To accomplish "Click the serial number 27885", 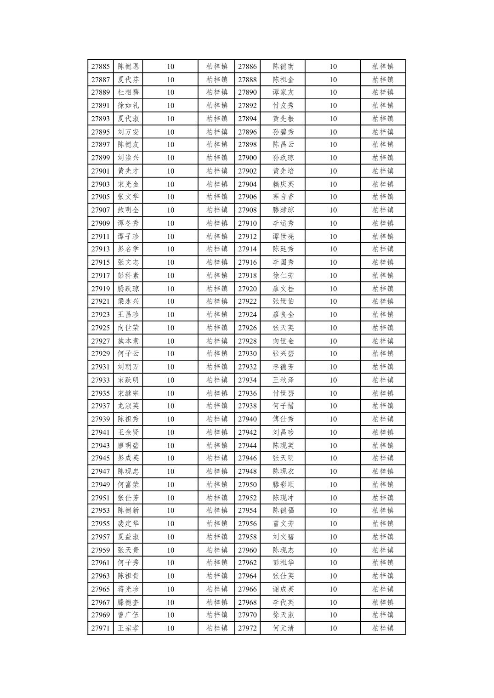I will pos(100,66).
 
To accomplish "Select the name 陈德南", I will pos(283,66).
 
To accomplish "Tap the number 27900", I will pos(247,158).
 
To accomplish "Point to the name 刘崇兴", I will pos(128,158).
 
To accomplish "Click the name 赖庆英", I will pos(283,184).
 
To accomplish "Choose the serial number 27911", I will pos(100,237).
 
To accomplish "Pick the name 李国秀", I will pos(283,262).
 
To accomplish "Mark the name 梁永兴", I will pos(128,301).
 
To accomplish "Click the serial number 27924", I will pos(247,315).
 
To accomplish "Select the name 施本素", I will pos(128,341).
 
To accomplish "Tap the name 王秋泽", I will pos(283,380).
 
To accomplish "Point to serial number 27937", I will pos(100,406).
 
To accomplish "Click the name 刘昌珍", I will pos(283,432).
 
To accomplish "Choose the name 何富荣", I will pos(128,484).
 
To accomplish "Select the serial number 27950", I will pos(247,484).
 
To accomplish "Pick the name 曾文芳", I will pos(283,523).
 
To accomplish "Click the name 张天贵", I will pos(128,550).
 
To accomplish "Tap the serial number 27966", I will pos(247,589).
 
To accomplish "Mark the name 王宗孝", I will pos(128,628).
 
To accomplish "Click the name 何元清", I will pos(283,628).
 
